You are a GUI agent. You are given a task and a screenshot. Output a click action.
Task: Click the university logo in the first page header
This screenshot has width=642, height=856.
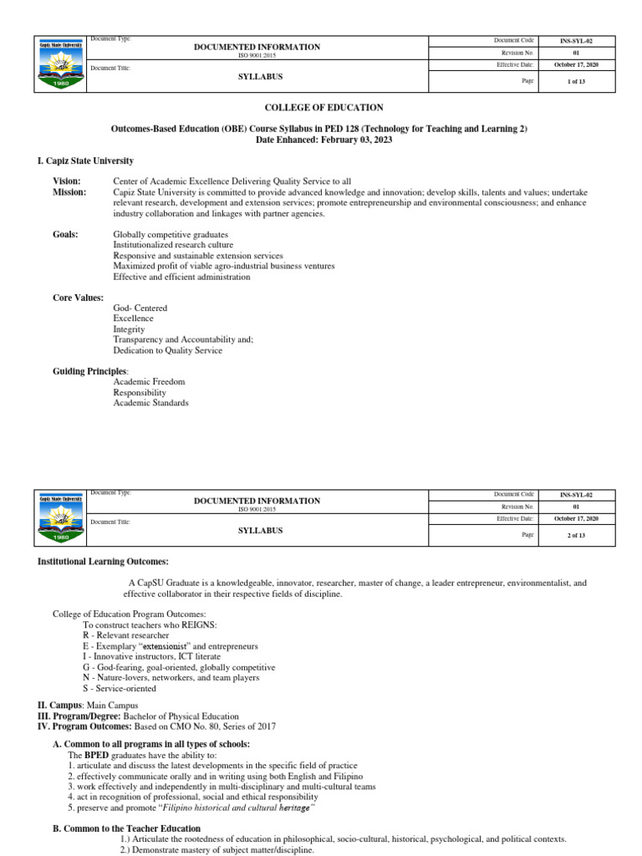click(61, 64)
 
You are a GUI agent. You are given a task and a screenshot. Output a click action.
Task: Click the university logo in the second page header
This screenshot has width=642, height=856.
click(61, 517)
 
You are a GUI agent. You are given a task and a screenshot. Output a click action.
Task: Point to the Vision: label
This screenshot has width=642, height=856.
click(67, 181)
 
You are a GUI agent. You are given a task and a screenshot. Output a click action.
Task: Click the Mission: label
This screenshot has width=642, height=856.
click(69, 192)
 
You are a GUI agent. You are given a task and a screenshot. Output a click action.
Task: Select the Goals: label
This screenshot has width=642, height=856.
click(65, 235)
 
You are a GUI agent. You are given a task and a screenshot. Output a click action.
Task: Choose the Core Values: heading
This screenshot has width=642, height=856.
click(79, 298)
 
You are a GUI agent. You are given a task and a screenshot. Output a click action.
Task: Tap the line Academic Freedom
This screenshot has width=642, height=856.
click(149, 382)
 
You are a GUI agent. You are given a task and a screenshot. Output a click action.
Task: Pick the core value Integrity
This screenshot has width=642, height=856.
click(130, 329)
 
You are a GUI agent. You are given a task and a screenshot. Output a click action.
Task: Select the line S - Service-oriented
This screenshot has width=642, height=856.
click(121, 688)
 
